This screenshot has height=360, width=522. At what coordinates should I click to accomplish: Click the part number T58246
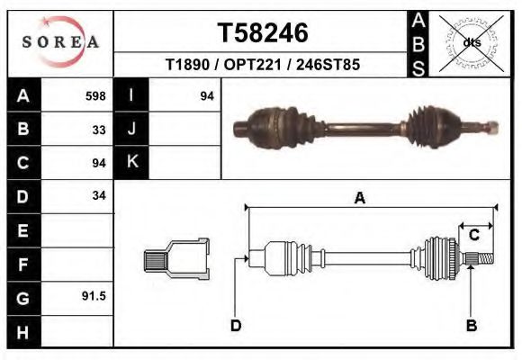(263, 33)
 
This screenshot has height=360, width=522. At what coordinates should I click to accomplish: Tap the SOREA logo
(60, 42)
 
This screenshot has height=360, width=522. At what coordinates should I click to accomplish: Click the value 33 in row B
(99, 129)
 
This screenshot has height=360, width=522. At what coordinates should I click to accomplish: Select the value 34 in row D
(99, 195)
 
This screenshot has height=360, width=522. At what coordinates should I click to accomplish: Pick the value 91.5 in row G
(94, 295)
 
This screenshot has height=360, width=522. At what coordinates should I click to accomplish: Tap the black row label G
(23, 296)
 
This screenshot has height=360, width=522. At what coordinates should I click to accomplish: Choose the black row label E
(23, 229)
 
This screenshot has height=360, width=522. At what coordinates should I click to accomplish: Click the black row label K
(132, 162)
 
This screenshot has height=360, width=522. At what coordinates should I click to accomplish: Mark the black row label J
(132, 129)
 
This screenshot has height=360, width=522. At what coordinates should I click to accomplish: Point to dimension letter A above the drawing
(359, 199)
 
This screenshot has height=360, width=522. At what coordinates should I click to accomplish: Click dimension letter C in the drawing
(473, 235)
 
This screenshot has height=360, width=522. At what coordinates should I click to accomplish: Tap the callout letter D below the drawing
(235, 325)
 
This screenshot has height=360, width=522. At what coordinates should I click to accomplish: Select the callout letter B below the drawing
(471, 325)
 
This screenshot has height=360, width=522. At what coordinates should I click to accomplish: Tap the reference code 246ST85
(336, 66)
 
